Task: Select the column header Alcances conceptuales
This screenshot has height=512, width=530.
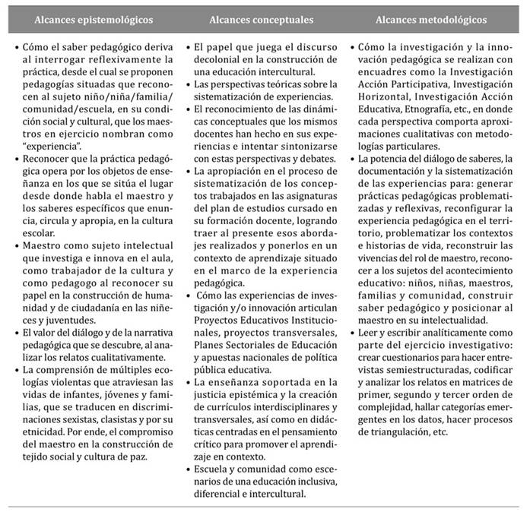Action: [263, 17]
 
